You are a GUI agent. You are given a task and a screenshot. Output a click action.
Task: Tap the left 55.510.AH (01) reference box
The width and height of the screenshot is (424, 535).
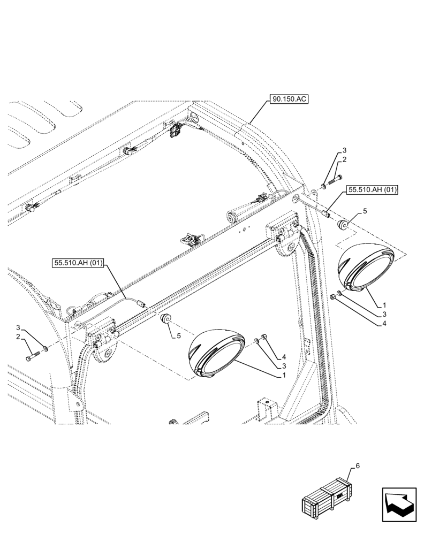(79, 263)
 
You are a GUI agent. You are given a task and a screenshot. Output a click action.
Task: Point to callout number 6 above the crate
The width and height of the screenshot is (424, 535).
(358, 466)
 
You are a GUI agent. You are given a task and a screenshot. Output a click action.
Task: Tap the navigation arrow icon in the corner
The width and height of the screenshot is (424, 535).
(399, 504)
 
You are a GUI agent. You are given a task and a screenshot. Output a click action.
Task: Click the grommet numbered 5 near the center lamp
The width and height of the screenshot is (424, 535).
(166, 320)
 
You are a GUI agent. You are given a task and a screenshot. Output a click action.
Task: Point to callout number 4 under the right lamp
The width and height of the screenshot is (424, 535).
(384, 323)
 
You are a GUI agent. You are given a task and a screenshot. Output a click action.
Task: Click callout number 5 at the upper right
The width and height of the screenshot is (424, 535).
(365, 211)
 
